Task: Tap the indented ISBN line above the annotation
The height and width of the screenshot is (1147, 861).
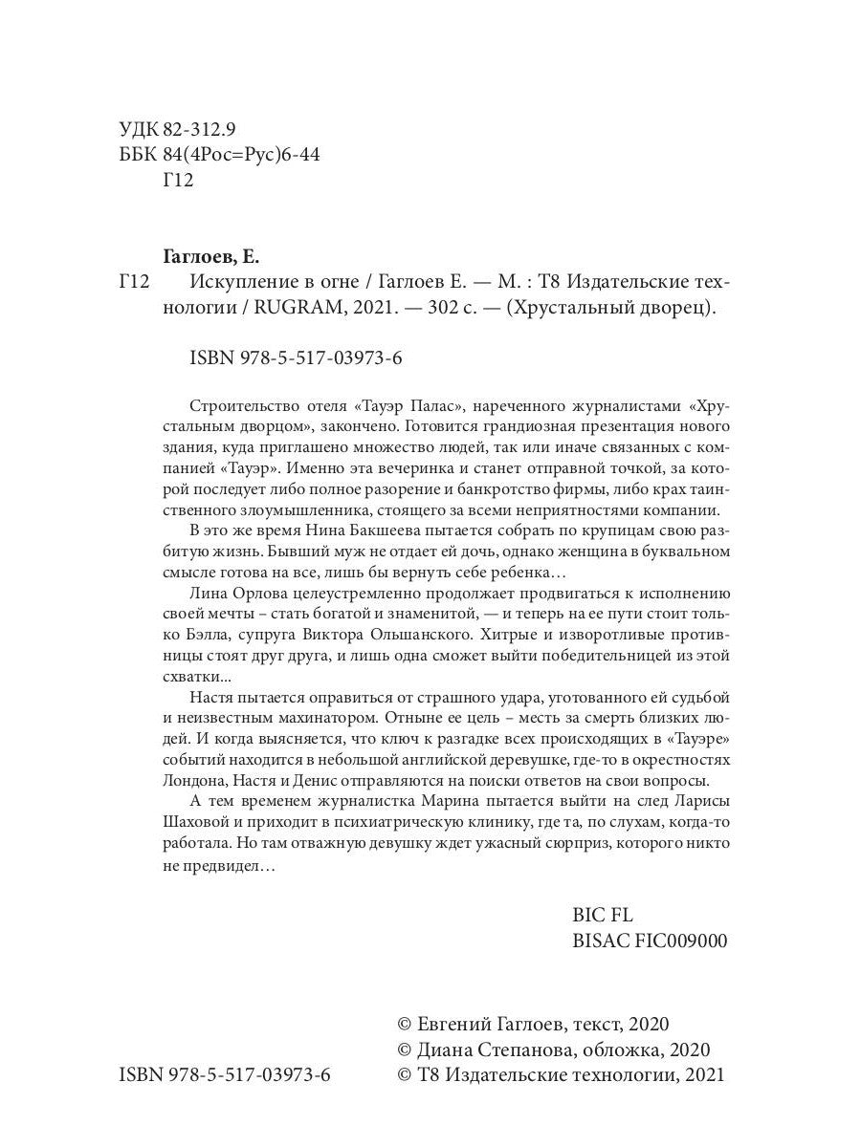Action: (x=295, y=358)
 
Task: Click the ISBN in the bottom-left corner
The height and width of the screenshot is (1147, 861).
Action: (x=225, y=1075)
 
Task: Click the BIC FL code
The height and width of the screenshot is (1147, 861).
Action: (x=603, y=915)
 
